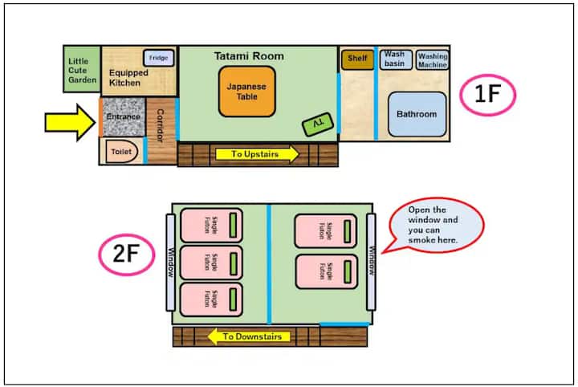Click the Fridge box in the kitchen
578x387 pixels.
tap(158, 58)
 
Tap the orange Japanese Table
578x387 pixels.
tap(247, 92)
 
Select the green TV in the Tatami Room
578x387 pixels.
tap(318, 124)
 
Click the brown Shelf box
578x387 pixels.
tap(357, 59)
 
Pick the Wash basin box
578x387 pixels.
tap(396, 59)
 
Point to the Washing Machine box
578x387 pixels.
tap(433, 60)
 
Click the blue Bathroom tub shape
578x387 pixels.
tap(417, 114)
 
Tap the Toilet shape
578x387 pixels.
tap(122, 152)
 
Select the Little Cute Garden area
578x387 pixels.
tap(82, 69)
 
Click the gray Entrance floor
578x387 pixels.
tap(124, 117)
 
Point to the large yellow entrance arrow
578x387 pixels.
tap(70, 122)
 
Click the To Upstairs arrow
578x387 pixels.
tap(257, 153)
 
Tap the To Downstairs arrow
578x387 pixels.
tap(249, 336)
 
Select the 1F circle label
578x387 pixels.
tap(488, 95)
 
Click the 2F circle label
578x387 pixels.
tap(127, 255)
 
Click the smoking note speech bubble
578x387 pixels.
tap(433, 225)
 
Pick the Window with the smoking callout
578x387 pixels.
tap(371, 262)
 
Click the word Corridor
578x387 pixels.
tap(161, 125)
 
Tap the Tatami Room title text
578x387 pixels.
tap(249, 56)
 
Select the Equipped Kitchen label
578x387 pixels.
tap(128, 78)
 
